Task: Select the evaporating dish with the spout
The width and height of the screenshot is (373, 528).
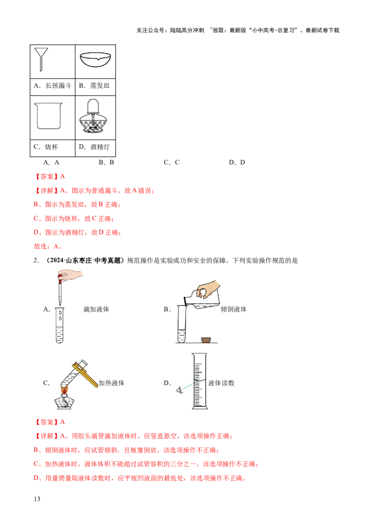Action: click(95, 60)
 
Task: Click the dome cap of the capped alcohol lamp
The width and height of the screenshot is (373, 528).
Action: click(93, 105)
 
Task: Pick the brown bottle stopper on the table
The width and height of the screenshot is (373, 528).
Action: click(205, 339)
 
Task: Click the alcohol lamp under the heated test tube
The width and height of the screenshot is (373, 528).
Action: click(66, 402)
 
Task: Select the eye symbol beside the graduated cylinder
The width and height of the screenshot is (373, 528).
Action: click(180, 390)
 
